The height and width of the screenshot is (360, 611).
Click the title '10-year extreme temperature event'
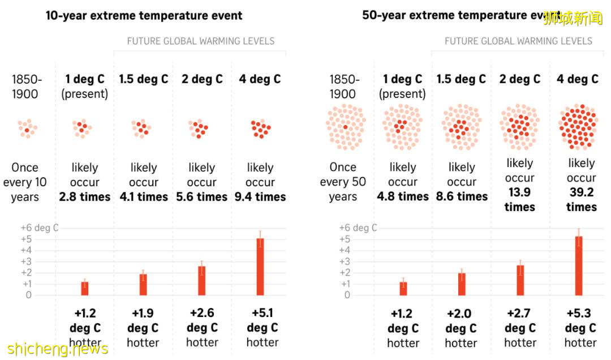pyautogui.click(x=144, y=15)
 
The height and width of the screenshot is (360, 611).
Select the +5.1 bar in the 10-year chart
pyautogui.click(x=260, y=267)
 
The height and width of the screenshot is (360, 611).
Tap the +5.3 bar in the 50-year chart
pyautogui.click(x=579, y=265)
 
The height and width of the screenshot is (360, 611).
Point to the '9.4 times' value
pyautogui.click(x=260, y=197)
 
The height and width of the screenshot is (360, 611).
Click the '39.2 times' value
pyautogui.click(x=582, y=199)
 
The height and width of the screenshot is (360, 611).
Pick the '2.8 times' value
pyautogui.click(x=85, y=197)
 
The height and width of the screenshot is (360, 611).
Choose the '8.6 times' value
pyautogui.click(x=462, y=196)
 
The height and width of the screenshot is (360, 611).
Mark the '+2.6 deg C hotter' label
pyautogui.click(x=202, y=328)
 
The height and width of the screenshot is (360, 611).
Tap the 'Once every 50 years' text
pyautogui.click(x=343, y=182)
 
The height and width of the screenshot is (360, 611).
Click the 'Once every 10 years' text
pyautogui.click(x=25, y=182)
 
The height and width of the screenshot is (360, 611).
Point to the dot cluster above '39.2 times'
pyautogui.click(x=578, y=127)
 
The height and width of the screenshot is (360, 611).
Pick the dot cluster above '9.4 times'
pyautogui.click(x=260, y=128)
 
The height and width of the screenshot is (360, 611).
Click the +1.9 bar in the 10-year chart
pyautogui.click(x=143, y=285)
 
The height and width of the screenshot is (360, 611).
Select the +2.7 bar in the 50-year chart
pyautogui.click(x=520, y=280)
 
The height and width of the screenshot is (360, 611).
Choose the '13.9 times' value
pyautogui.click(x=519, y=199)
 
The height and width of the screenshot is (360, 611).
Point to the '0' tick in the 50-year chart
pyautogui.click(x=347, y=295)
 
